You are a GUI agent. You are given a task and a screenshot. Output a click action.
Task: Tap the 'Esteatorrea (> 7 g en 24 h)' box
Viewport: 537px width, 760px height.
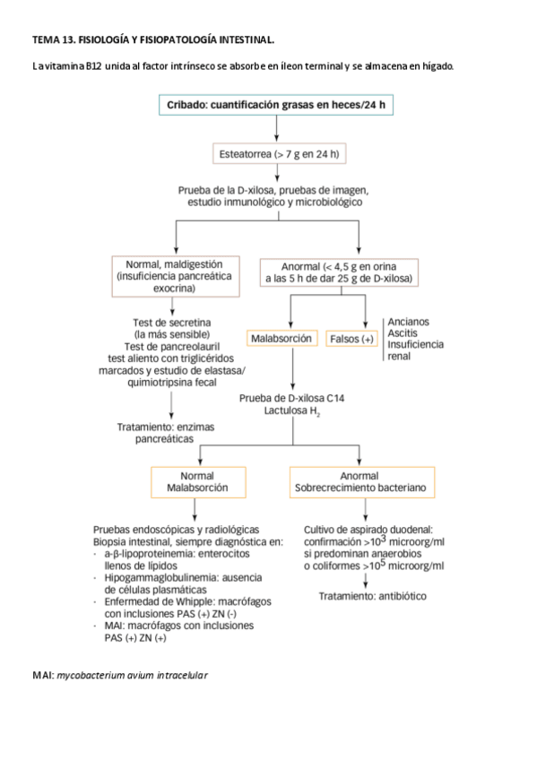[x=279, y=154]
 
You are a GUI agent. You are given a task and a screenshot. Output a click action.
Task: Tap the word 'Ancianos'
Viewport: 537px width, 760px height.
[x=408, y=322]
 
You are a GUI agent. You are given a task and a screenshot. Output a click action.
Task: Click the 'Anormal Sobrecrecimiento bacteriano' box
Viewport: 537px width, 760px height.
[x=365, y=482]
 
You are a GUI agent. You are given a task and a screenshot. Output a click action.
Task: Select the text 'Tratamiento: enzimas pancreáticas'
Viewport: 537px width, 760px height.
[x=166, y=434]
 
